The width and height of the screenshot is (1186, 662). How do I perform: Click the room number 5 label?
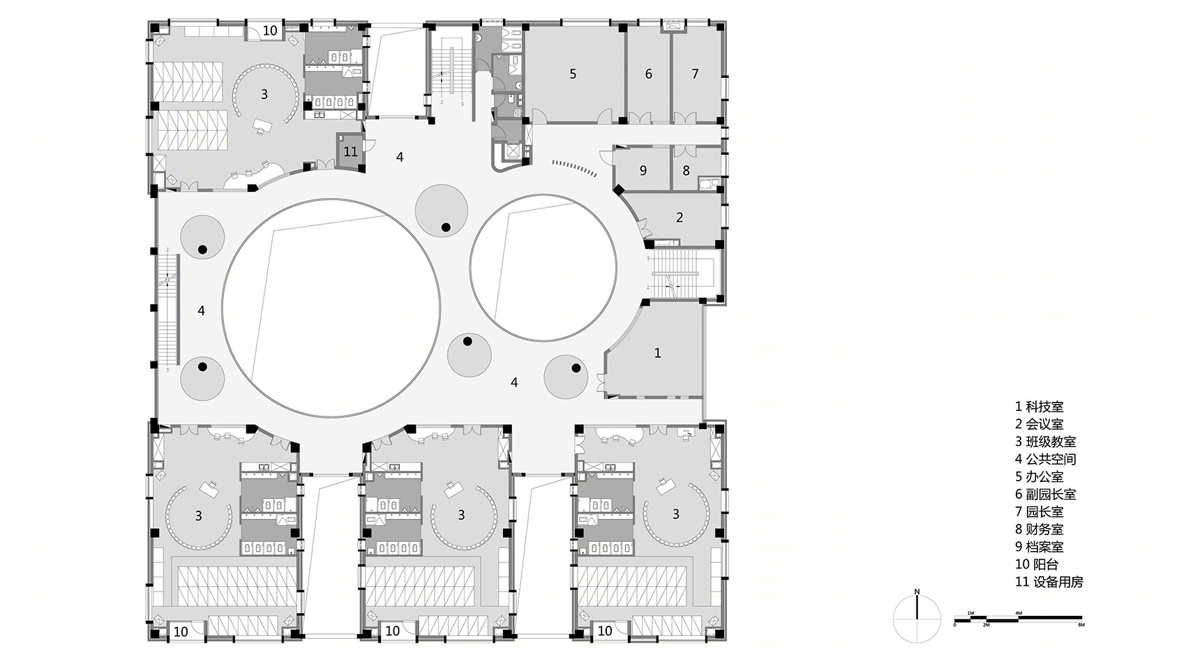(x=573, y=74)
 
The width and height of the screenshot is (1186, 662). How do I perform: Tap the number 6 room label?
(x=649, y=74)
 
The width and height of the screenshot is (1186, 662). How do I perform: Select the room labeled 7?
(x=695, y=74)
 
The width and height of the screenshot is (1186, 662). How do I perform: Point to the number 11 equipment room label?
(x=350, y=152)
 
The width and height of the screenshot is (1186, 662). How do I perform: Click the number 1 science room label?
(x=658, y=353)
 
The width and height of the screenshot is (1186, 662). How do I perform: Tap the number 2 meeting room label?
(x=680, y=217)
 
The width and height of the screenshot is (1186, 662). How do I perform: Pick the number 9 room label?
(x=643, y=170)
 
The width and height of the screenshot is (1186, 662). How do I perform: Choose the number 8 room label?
(x=686, y=170)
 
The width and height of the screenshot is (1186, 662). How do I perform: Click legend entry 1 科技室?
(x=1039, y=407)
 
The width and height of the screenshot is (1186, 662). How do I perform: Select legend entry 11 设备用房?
(x=1049, y=582)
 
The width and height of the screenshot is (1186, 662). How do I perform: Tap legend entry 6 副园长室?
(x=1045, y=494)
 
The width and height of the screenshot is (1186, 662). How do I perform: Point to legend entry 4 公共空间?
(x=1045, y=459)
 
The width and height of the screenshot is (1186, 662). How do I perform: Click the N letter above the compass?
(x=917, y=592)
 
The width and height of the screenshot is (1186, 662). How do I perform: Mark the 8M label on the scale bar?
(x=1081, y=625)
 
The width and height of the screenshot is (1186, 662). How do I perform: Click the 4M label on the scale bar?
(x=1019, y=613)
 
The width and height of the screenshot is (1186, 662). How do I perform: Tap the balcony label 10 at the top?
(x=270, y=31)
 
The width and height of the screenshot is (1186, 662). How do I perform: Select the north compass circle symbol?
(x=917, y=619)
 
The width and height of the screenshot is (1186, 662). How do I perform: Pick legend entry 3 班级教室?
(x=1045, y=442)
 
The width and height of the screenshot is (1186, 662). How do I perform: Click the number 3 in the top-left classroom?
(x=264, y=94)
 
